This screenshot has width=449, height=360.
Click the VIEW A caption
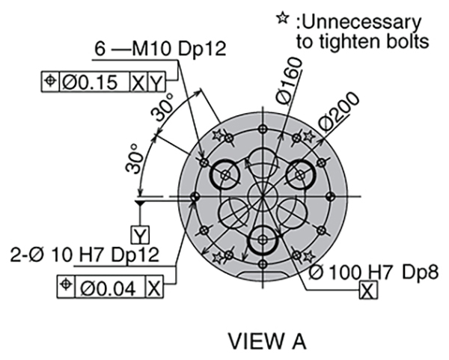coord(267,341)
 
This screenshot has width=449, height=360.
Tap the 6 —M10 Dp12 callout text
coord(160,49)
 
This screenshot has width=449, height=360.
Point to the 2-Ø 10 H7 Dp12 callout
coord(85,254)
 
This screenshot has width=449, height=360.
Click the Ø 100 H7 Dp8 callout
coord(373,272)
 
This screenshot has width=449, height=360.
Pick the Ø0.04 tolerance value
coord(108,288)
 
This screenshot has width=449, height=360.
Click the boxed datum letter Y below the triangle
coord(140,236)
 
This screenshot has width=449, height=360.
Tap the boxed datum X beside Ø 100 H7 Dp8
coord(368,290)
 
